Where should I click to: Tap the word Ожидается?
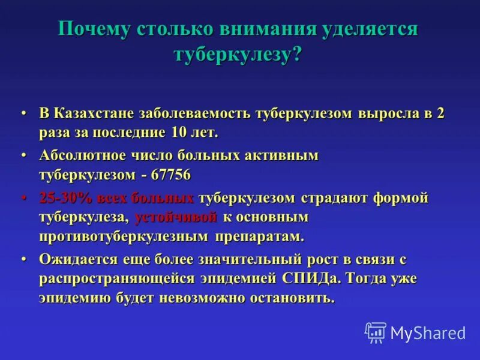pyautogui.click(x=75, y=259)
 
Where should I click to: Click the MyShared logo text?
pyautogui.click(x=428, y=333)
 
